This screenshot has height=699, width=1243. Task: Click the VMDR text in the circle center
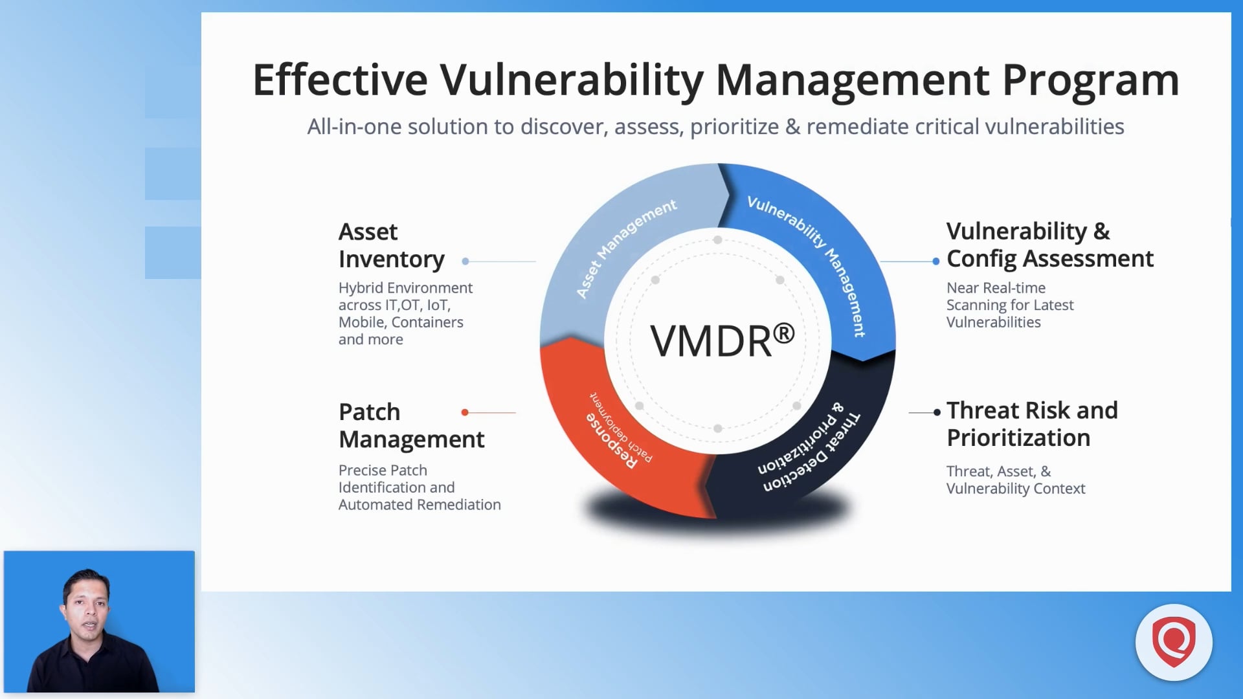tap(710, 342)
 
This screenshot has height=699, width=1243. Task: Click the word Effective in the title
tap(339, 80)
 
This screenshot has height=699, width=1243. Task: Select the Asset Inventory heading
tap(390, 245)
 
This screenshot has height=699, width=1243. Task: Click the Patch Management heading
tap(410, 425)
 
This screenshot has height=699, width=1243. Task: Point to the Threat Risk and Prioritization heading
tap(1031, 424)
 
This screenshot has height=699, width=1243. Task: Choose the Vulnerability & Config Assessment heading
tap(1049, 245)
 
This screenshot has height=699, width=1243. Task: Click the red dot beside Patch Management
tap(465, 412)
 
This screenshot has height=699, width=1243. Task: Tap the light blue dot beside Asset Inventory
tap(465, 261)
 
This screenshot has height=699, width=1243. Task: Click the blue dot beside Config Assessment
tap(935, 261)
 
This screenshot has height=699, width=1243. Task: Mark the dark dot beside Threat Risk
tap(937, 412)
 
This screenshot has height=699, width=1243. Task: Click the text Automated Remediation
tap(419, 505)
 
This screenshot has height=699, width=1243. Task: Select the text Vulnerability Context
tap(1015, 489)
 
